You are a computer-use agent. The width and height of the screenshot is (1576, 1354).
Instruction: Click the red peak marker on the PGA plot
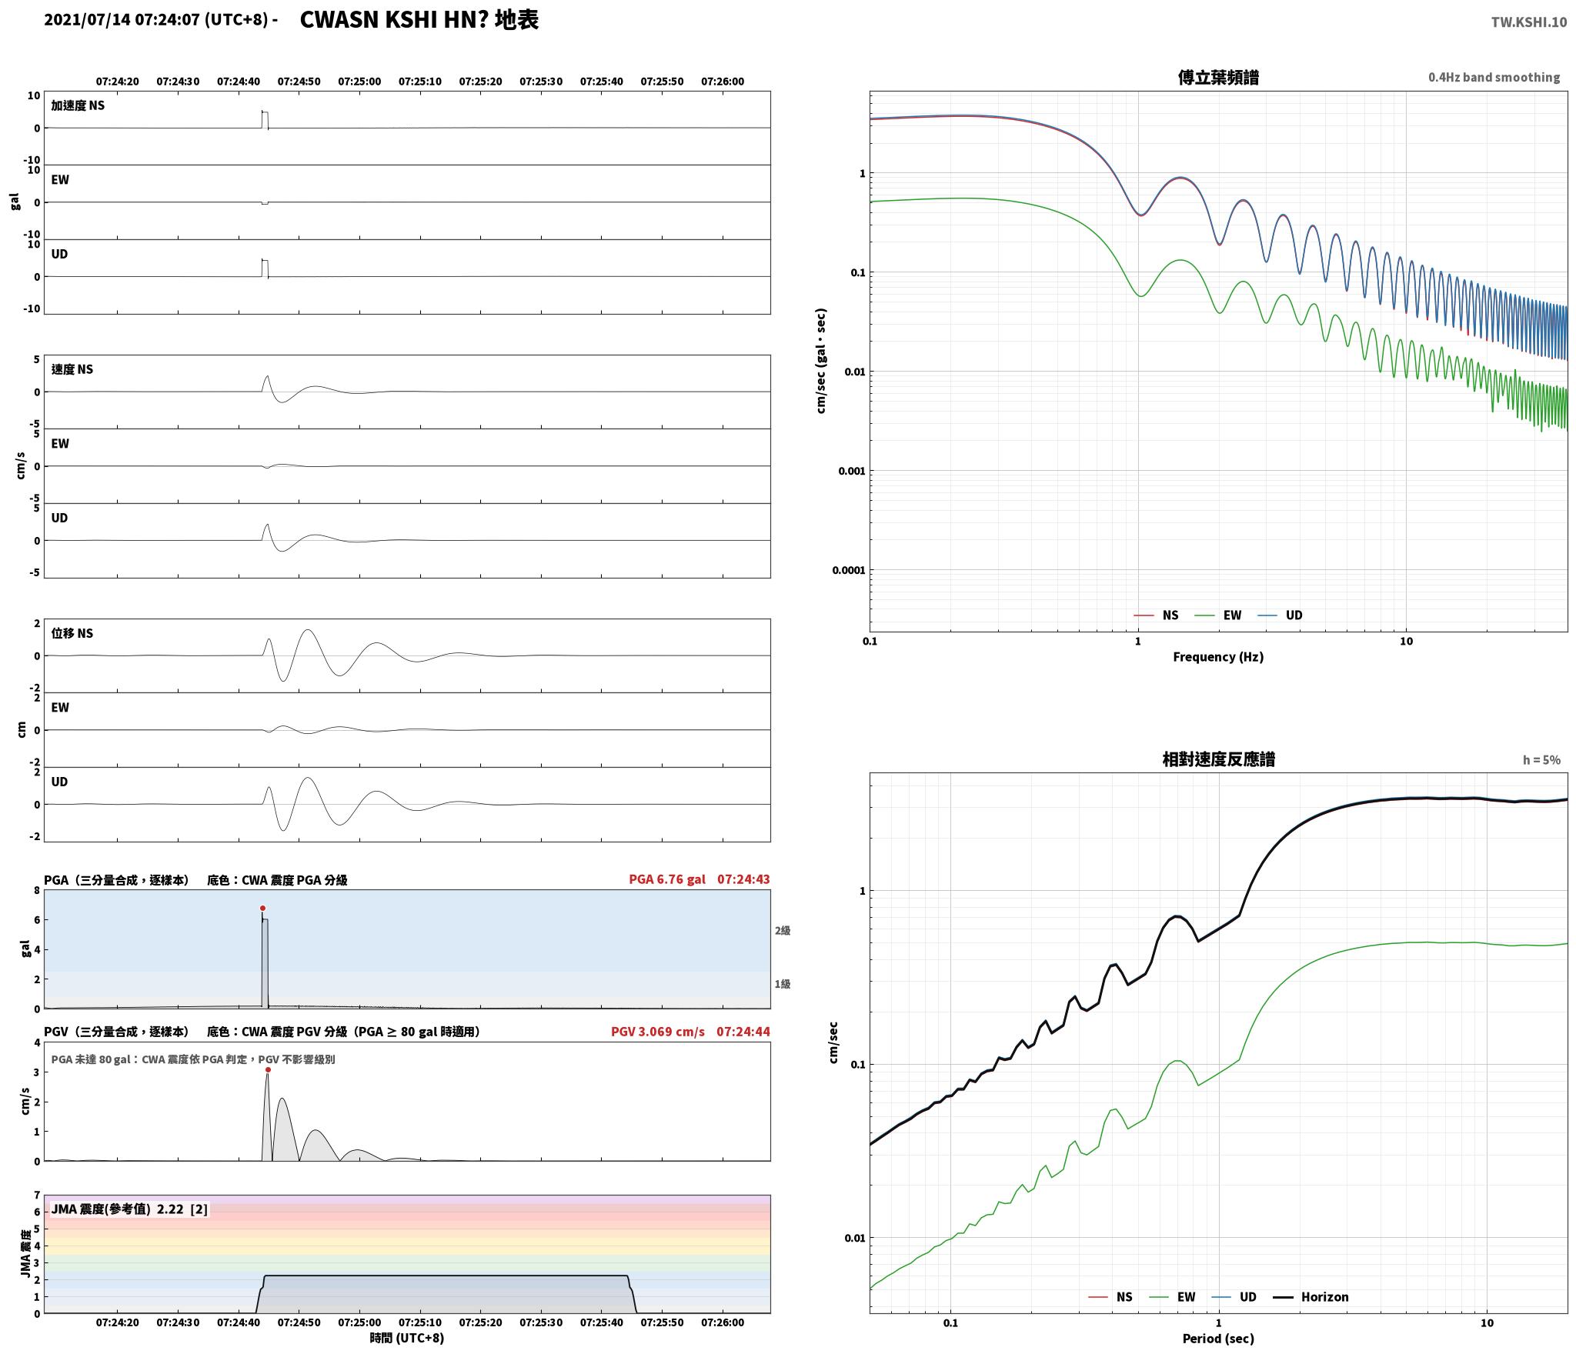(x=262, y=909)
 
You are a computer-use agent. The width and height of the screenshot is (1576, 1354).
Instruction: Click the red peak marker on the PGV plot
(x=268, y=1069)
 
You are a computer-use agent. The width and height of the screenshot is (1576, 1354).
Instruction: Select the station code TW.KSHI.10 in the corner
(x=1528, y=22)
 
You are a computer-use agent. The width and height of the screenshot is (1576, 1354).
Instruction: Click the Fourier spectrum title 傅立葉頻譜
(x=1218, y=77)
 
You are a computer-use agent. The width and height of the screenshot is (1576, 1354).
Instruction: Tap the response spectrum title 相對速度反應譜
(x=1218, y=759)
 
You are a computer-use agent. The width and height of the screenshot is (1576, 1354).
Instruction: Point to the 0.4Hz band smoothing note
(x=1494, y=77)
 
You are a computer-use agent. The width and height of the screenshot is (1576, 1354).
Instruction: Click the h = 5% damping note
(x=1541, y=760)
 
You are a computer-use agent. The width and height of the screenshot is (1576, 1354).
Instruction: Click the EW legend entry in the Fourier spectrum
(x=1218, y=615)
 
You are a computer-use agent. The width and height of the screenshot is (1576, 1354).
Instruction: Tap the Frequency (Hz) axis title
(x=1218, y=656)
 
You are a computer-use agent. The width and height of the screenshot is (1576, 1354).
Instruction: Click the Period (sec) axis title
(x=1218, y=1339)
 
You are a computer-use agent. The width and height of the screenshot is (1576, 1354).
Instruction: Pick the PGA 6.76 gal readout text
(x=666, y=879)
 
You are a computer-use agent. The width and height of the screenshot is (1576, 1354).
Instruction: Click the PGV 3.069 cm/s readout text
(x=658, y=1032)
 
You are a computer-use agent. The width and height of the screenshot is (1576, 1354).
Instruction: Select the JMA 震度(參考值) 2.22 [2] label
(x=129, y=1209)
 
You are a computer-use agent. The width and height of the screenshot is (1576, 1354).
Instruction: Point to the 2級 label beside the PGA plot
(x=783, y=931)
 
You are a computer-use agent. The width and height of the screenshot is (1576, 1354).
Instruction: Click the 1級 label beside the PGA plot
(x=783, y=984)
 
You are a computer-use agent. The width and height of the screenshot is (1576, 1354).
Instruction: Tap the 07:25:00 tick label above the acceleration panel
(x=359, y=82)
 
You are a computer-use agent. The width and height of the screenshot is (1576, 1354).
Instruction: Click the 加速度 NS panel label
(x=78, y=105)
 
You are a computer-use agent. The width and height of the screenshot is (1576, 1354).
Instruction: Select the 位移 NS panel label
(x=72, y=633)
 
